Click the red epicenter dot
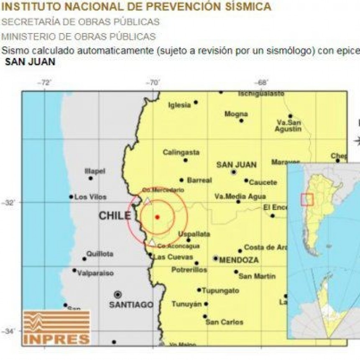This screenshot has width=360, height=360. [157, 217]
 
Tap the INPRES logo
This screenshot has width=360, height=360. [56, 327]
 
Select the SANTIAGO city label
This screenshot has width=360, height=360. [131, 305]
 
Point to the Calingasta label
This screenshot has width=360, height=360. [181, 153]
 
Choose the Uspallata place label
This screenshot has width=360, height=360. [194, 234]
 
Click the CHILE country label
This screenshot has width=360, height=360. [115, 216]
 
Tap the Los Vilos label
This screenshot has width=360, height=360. [90, 197]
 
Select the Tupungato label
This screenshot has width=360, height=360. [221, 290]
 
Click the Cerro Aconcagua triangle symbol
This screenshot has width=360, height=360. [152, 243]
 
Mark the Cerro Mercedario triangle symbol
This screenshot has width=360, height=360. [147, 200]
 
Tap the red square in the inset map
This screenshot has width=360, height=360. [307, 199]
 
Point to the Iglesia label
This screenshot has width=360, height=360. [179, 105]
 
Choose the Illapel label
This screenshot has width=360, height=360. [95, 171]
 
